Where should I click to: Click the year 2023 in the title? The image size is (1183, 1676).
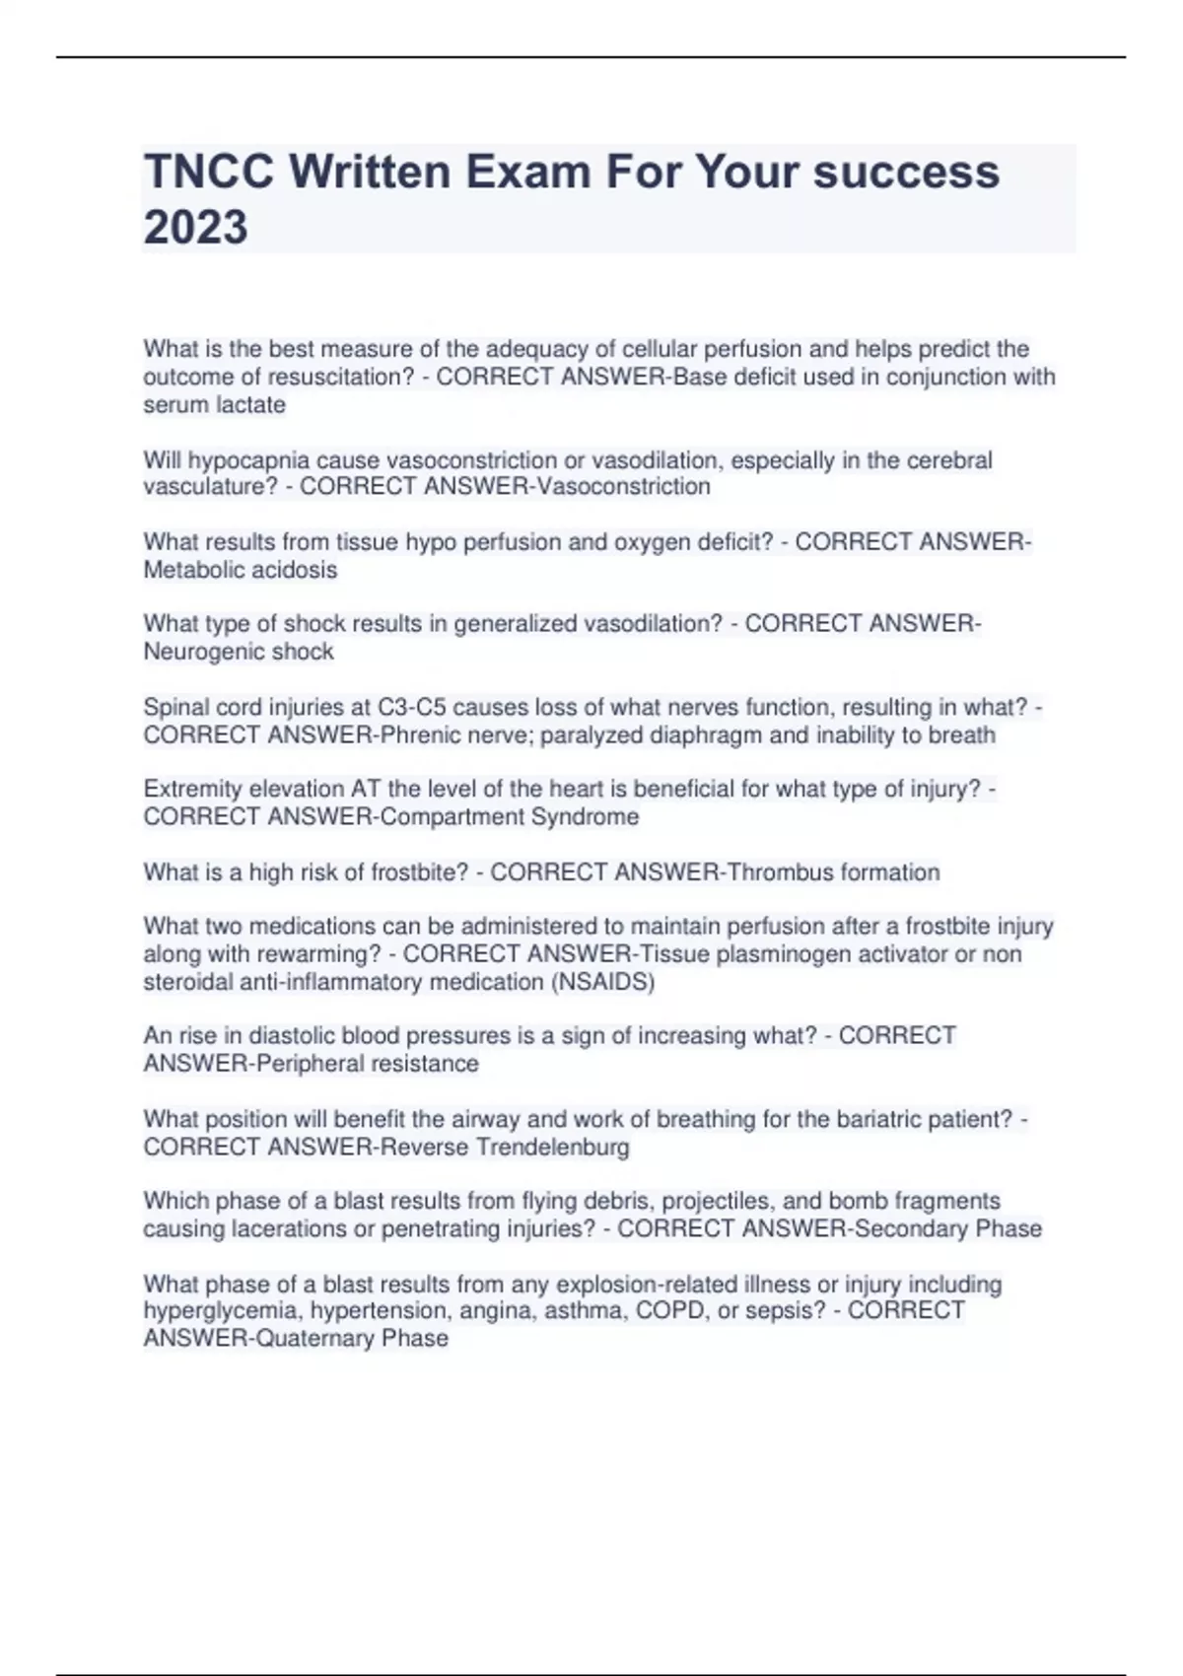(195, 227)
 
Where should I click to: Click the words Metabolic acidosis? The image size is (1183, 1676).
(240, 570)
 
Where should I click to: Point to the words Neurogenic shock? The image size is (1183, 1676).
(239, 652)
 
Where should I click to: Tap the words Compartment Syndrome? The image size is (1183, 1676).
(509, 817)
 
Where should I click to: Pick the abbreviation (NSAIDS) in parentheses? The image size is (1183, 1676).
(604, 982)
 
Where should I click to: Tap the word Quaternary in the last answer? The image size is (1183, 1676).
(315, 1339)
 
